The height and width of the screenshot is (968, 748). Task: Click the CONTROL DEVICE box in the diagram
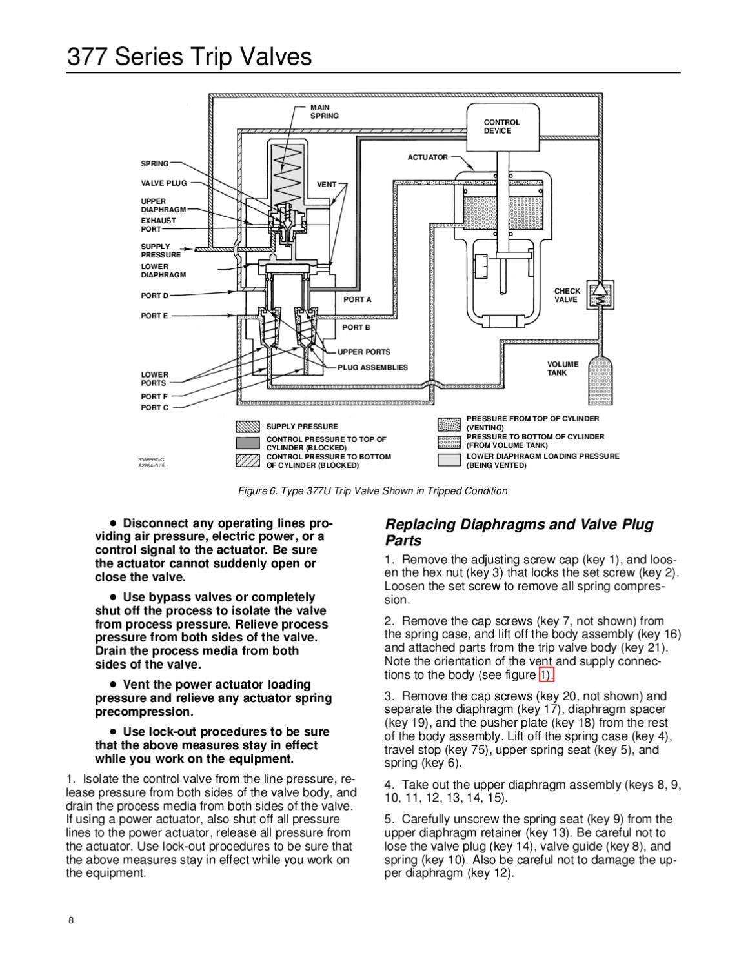[503, 126]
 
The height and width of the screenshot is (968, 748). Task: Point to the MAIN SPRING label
[325, 112]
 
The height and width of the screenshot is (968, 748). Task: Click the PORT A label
[358, 299]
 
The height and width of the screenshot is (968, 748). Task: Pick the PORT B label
[356, 327]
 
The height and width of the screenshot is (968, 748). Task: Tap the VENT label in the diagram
[327, 185]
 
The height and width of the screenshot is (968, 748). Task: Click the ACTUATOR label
[428, 157]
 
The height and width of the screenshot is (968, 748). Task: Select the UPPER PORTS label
[363, 352]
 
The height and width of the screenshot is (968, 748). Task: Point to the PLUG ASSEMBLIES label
[372, 367]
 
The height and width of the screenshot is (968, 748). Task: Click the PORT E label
[155, 316]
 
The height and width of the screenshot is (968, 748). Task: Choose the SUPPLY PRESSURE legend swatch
[248, 427]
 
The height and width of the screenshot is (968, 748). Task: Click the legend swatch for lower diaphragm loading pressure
[449, 460]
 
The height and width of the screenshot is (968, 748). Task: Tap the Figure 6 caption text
[373, 491]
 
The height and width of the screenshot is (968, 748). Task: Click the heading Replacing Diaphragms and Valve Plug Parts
[519, 532]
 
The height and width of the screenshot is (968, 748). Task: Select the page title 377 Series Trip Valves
[189, 57]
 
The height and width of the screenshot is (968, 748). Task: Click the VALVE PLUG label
[164, 183]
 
